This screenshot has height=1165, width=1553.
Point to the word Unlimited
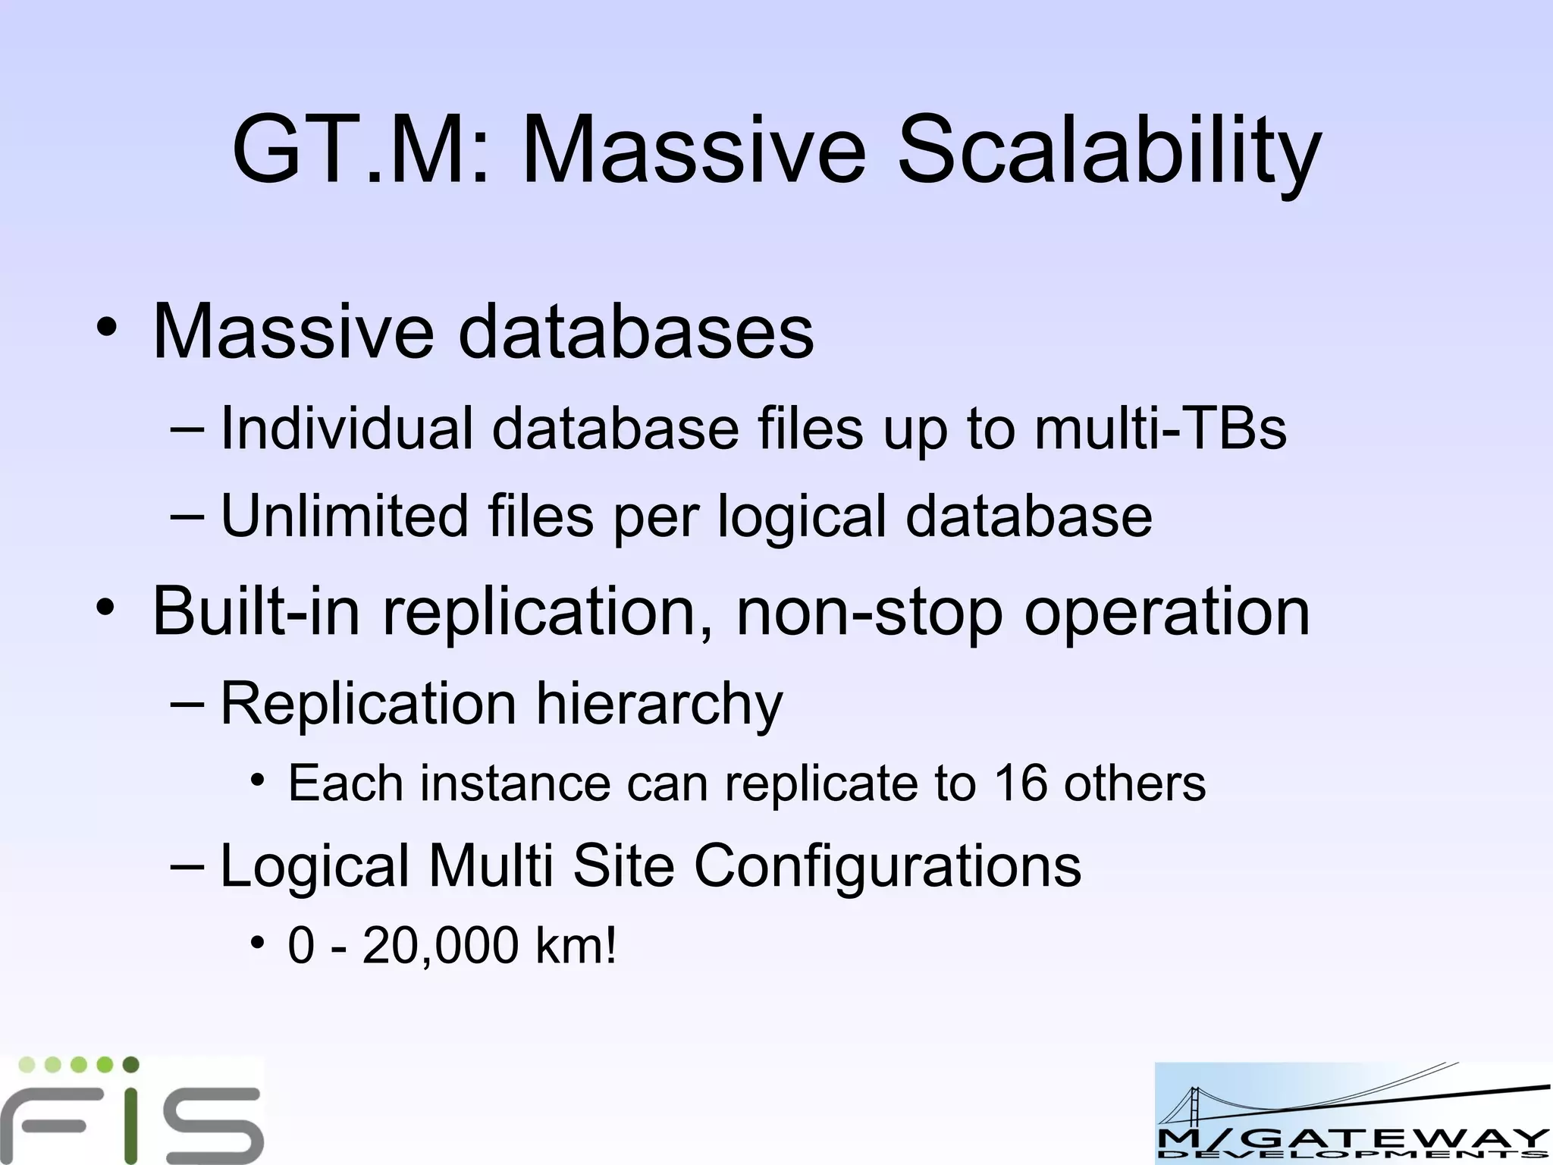coord(344,516)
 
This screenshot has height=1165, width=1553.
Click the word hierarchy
coord(659,705)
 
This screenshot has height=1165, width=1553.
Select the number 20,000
coord(441,946)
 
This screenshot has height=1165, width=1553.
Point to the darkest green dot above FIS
coord(130,1064)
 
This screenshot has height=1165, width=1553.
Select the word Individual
coord(346,429)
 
